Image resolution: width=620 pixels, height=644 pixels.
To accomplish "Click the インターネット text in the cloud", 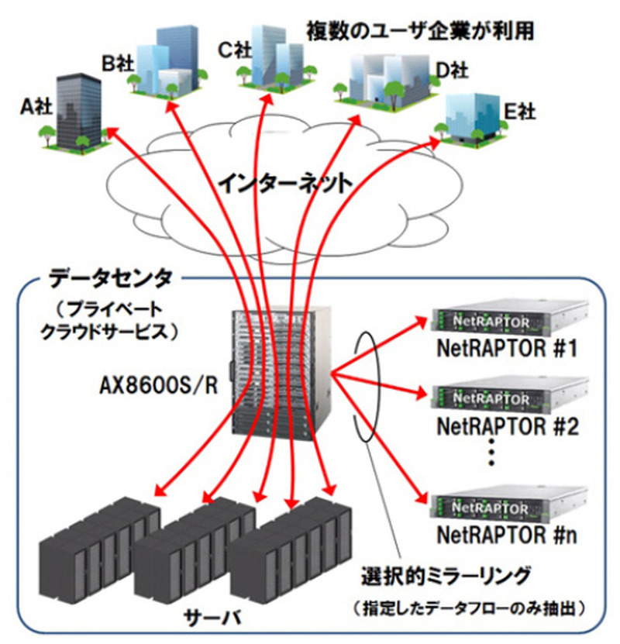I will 284,184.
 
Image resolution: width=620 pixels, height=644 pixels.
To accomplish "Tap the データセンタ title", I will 112,277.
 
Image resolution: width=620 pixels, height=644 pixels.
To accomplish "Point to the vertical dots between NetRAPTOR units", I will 491,456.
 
